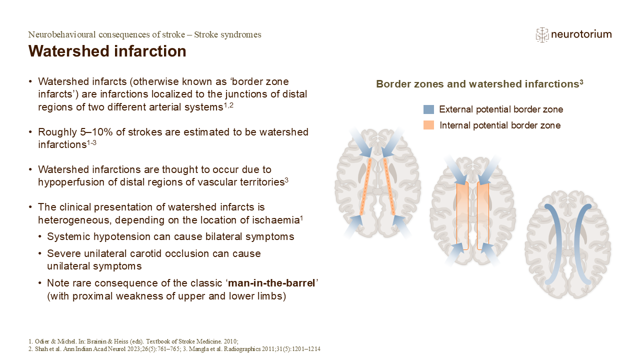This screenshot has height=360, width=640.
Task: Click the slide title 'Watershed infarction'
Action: pos(107,51)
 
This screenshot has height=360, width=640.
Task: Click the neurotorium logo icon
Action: pos(541,34)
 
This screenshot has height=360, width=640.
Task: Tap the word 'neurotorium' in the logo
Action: pos(581,34)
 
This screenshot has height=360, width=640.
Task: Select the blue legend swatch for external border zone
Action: pos(428,109)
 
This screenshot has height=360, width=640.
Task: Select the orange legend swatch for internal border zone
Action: pos(428,125)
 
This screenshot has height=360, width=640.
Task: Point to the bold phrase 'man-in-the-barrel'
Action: pos(272,283)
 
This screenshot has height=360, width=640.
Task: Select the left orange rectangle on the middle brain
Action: pos(462,215)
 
